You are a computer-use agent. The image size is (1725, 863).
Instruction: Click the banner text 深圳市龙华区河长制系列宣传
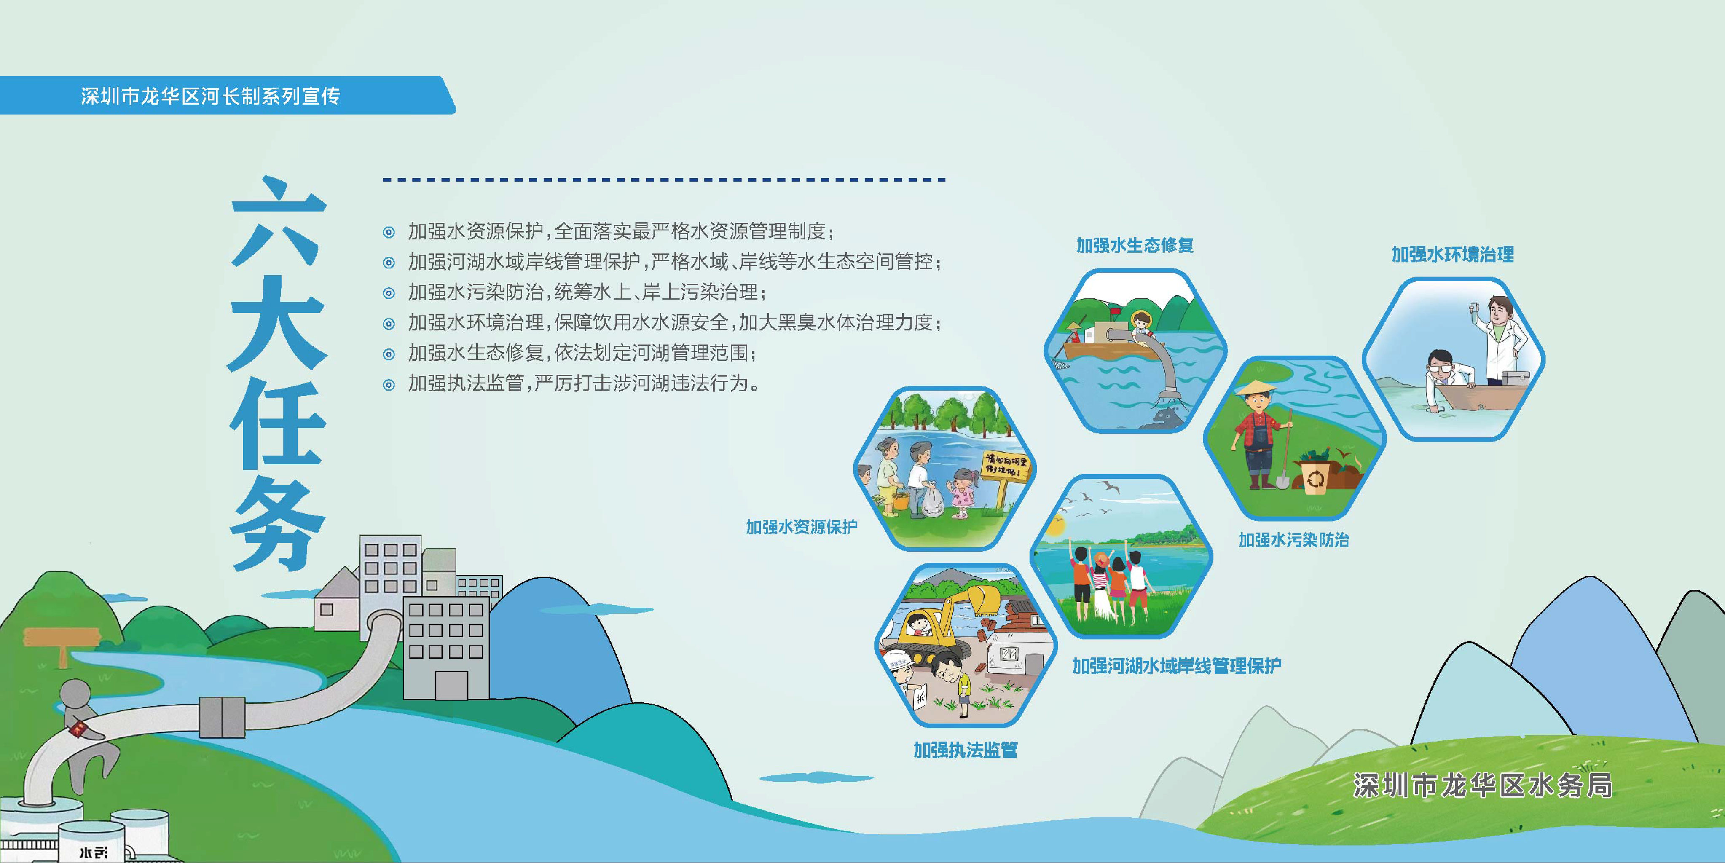210,96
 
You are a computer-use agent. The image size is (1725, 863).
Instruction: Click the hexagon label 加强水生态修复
1135,246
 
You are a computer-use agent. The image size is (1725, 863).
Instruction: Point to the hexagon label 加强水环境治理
1452,255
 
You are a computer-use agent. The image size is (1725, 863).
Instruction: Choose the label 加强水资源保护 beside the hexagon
802,527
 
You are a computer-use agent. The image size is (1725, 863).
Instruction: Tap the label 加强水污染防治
1294,540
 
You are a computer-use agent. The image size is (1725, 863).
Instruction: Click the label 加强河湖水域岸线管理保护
1177,665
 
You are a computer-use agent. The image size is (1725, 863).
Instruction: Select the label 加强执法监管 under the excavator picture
965,750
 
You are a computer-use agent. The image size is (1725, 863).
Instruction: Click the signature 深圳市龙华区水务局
1482,785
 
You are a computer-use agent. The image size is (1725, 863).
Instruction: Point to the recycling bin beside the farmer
1316,475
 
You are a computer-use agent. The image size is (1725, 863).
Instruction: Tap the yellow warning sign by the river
1004,469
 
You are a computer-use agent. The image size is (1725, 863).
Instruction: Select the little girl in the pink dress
962,492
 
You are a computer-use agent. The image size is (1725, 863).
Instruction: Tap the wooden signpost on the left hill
60,639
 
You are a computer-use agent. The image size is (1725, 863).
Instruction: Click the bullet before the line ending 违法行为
389,384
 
